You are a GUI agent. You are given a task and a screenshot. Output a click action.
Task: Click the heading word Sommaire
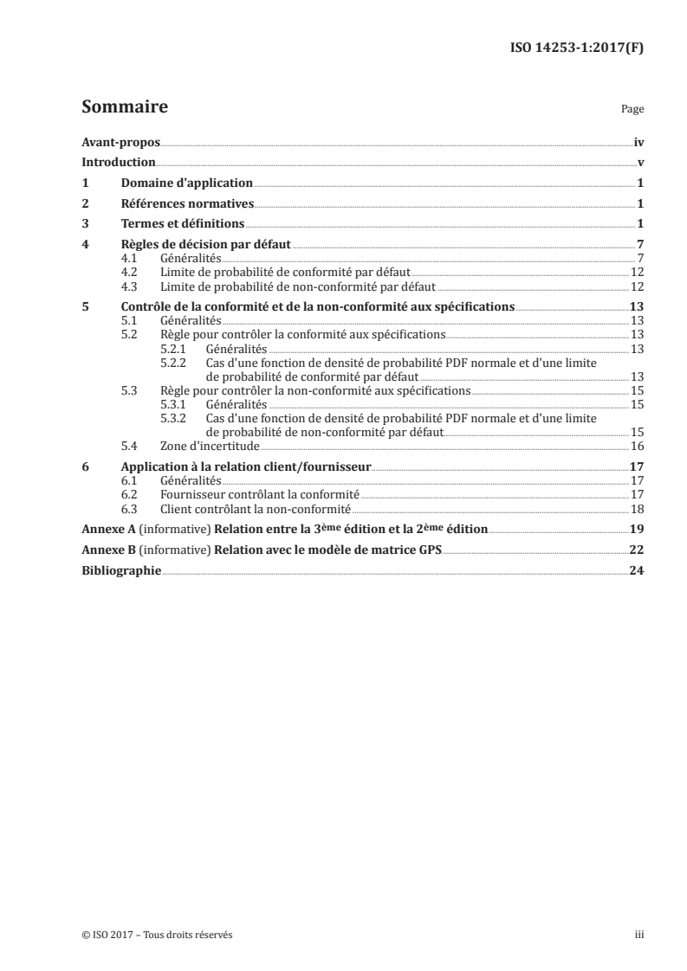coord(124,108)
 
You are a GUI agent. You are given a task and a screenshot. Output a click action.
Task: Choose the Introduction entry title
coord(118,163)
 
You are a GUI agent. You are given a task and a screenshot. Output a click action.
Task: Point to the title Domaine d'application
coord(186,183)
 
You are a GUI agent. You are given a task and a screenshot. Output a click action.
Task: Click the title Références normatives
coord(186,204)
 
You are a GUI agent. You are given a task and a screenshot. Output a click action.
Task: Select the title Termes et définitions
coord(183,225)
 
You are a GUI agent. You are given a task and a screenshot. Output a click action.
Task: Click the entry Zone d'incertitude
coord(210,446)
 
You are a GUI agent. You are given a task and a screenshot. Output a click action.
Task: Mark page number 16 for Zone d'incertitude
coord(637,446)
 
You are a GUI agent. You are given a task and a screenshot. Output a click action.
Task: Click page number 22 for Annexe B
coord(637,550)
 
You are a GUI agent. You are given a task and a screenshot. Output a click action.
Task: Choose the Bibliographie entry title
coord(120,570)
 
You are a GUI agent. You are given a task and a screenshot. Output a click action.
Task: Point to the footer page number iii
coord(640,936)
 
